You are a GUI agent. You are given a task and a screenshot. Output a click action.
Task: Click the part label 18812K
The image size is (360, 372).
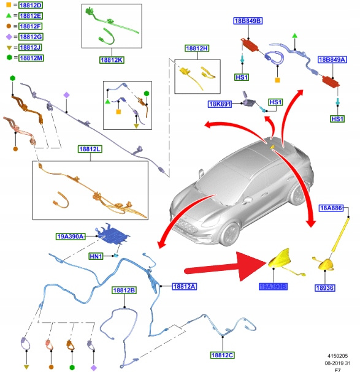pyautogui.click(x=112, y=60)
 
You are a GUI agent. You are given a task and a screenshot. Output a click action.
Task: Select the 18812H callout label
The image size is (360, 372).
pyautogui.click(x=197, y=48)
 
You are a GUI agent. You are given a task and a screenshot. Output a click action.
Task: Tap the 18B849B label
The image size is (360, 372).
pyautogui.click(x=248, y=21)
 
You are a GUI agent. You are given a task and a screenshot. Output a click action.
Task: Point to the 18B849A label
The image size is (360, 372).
pyautogui.click(x=332, y=59)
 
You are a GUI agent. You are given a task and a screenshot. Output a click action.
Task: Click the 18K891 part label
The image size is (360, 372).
pyautogui.click(x=220, y=104)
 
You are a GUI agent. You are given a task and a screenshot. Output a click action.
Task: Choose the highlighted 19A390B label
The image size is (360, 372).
pyautogui.click(x=273, y=287)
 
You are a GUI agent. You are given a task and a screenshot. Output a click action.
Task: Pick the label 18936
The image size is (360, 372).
pyautogui.click(x=325, y=288)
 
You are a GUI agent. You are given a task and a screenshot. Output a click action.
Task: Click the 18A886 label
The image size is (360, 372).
pyautogui.click(x=331, y=208)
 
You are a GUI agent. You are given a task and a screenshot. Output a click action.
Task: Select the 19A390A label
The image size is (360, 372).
pyautogui.click(x=71, y=237)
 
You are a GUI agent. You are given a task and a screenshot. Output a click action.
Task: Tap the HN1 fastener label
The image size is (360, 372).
pyautogui.click(x=96, y=256)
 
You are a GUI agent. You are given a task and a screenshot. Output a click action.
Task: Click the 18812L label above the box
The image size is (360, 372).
pyautogui.click(x=90, y=149)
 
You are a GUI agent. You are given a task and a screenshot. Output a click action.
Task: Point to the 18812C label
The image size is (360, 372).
pyautogui.click(x=222, y=355)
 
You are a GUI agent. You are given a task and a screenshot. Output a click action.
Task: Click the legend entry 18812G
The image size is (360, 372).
pyautogui.click(x=31, y=37)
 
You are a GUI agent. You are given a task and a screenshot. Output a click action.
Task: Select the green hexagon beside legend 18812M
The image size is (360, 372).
pyautogui.click(x=9, y=58)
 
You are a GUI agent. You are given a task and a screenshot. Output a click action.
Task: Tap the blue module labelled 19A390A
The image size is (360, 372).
pyautogui.click(x=112, y=235)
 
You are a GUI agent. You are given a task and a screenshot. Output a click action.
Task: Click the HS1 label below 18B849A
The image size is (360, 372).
pyautogui.click(x=337, y=119)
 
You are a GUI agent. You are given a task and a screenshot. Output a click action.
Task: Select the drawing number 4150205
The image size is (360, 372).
pyautogui.click(x=338, y=356)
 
